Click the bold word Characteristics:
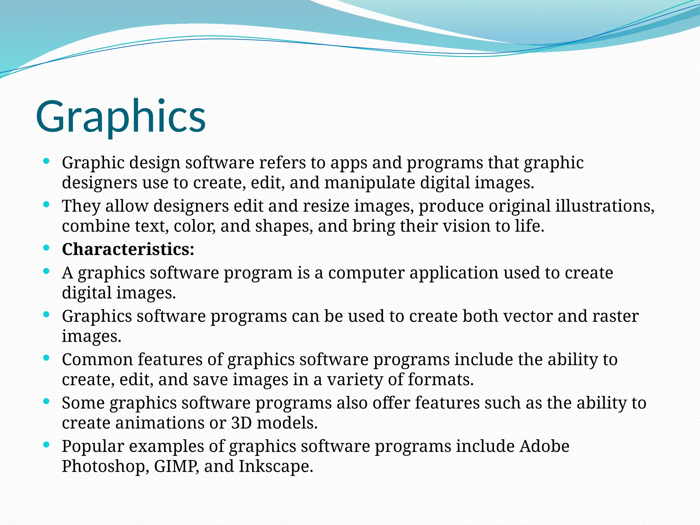128,249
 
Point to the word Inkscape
275,467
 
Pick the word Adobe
544,446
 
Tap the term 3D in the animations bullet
242,423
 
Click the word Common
97,360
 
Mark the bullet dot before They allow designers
47,204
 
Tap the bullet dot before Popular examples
47,445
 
